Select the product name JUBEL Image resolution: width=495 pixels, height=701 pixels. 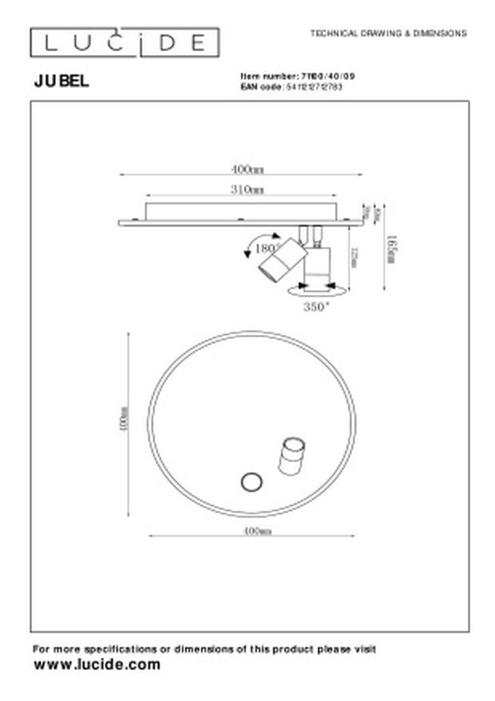(61, 80)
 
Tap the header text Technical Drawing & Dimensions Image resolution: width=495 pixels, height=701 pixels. (388, 33)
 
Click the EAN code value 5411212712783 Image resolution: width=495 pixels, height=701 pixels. (313, 87)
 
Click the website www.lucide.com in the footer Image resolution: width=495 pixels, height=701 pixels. (97, 665)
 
